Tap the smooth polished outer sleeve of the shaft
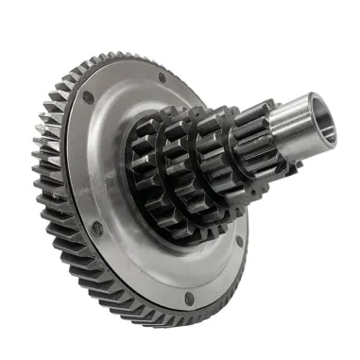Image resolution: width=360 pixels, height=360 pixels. pos(300,118)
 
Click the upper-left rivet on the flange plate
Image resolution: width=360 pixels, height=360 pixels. pos(89,96)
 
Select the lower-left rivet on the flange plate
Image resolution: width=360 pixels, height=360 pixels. pos(96,228)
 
